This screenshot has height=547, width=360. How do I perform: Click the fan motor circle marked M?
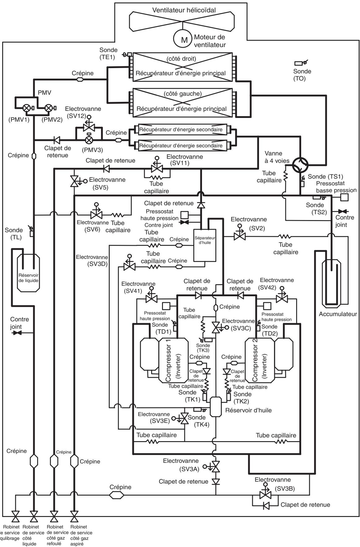[184, 40]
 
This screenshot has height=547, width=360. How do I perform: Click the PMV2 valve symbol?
[49, 108]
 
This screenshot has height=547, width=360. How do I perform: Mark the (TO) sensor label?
[299, 79]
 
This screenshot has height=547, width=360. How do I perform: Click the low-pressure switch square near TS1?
[344, 197]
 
